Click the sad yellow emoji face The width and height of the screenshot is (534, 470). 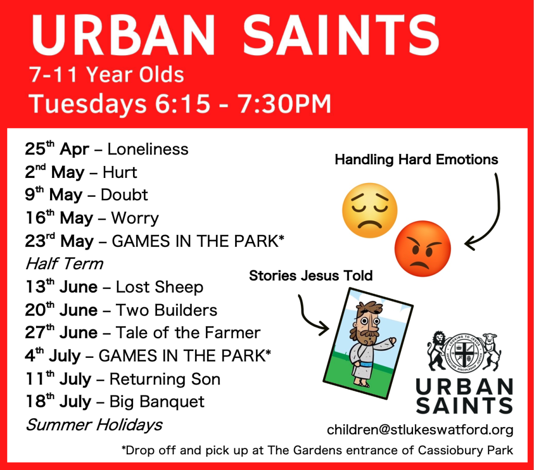(x=370, y=210)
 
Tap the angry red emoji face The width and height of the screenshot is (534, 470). (x=422, y=249)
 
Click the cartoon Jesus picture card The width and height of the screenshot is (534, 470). (x=368, y=343)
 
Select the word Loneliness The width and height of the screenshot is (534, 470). (x=148, y=149)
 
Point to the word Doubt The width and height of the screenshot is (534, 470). (x=124, y=195)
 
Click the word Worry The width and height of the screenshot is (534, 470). (x=135, y=219)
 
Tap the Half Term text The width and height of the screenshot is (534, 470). (x=64, y=263)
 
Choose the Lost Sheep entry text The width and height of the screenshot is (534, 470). (x=160, y=287)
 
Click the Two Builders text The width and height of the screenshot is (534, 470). (x=166, y=310)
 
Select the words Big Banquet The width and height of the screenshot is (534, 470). (x=156, y=402)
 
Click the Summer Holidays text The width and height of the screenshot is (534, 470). (x=94, y=425)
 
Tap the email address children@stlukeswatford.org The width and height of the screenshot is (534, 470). (x=420, y=430)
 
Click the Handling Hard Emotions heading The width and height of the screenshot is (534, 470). (x=416, y=160)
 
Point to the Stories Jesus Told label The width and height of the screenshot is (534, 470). (x=311, y=275)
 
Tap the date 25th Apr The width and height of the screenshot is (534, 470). (x=57, y=149)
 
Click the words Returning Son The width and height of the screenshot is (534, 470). (x=165, y=379)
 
